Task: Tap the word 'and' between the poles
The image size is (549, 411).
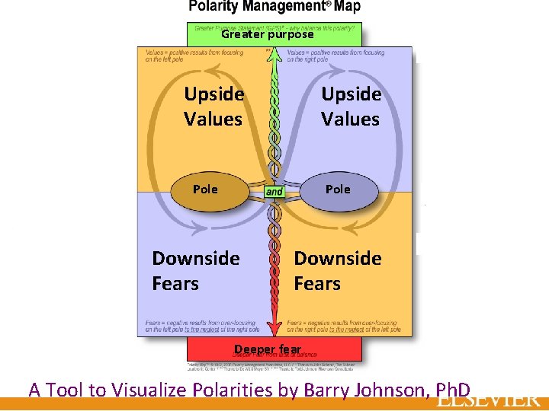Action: (x=274, y=192)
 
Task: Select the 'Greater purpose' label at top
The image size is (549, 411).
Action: (x=267, y=34)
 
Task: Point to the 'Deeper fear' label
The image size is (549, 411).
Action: (x=268, y=349)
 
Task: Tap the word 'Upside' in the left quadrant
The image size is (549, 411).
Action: (x=214, y=94)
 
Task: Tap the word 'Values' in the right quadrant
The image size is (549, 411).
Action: (x=350, y=119)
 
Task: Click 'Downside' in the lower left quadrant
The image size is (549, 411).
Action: (x=196, y=259)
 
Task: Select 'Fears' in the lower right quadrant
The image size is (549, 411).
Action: (x=317, y=284)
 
